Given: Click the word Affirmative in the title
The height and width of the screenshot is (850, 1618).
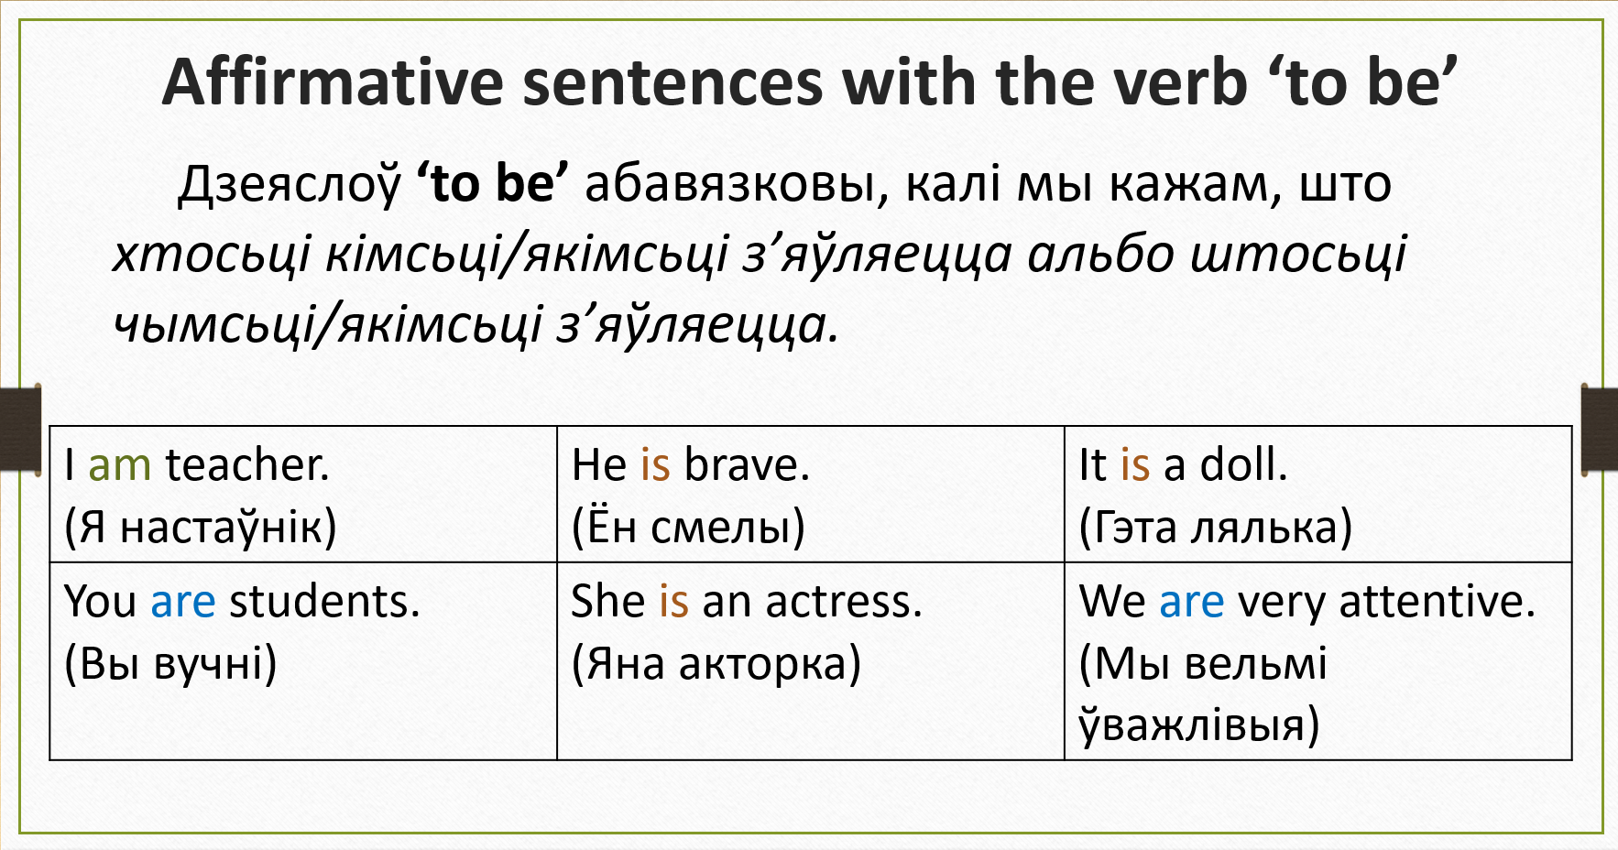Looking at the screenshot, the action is tap(333, 82).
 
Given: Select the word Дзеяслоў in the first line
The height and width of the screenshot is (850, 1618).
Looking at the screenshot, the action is tap(290, 184).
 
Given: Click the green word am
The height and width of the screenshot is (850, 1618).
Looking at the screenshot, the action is tap(119, 464).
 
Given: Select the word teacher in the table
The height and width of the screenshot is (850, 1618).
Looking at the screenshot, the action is tap(246, 464).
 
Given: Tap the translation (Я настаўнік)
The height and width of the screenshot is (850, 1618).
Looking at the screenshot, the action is tap(201, 527).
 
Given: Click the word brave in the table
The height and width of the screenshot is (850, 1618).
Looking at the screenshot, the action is tap(747, 464).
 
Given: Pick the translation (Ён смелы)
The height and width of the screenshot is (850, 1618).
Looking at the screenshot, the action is tap(688, 527).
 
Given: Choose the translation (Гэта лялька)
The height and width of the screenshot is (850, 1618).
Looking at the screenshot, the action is tap(1216, 527).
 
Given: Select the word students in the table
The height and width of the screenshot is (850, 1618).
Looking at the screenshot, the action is tap(324, 602).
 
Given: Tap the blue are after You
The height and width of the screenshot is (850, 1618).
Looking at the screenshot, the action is tap(183, 602).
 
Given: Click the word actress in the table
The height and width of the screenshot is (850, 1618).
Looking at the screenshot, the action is tap(843, 602).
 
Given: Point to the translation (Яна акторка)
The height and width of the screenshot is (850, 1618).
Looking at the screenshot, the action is tap(716, 663).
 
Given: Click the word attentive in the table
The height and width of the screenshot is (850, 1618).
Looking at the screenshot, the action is tap(1437, 602).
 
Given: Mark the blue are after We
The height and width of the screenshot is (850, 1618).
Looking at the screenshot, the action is tap(1191, 602).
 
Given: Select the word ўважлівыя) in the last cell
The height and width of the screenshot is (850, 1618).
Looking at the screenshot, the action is tap(1199, 724).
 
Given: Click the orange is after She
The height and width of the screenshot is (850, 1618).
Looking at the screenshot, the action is tap(673, 602).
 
